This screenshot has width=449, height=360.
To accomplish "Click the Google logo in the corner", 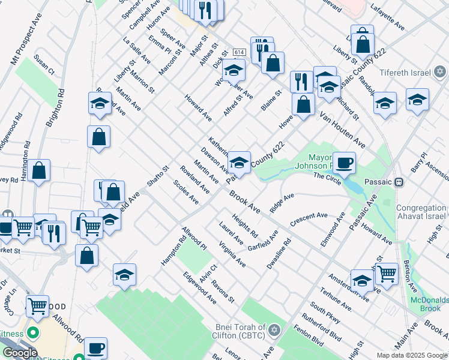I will point(20,353).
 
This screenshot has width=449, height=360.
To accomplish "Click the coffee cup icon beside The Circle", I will point(344,162).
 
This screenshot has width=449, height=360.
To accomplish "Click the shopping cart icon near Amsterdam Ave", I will point(386,273).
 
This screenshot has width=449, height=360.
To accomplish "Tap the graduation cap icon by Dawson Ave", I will point(239,161).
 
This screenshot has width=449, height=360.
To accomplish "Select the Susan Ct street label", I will point(44,64).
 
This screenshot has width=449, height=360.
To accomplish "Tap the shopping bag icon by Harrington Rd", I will point(39,171).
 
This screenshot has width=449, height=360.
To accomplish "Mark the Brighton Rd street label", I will point(55,109).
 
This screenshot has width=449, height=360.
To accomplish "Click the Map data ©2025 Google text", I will point(411,355).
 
